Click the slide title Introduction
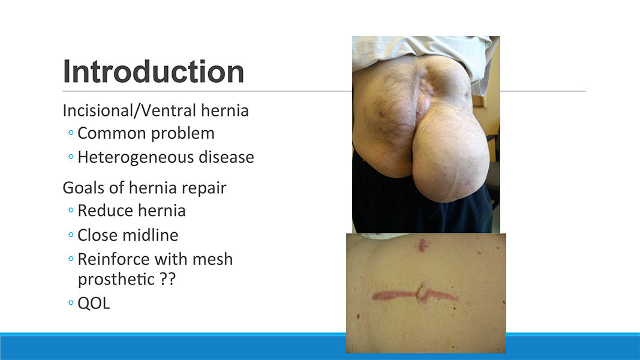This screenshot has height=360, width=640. (154, 71)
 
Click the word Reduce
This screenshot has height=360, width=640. (104, 211)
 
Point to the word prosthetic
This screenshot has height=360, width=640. (116, 280)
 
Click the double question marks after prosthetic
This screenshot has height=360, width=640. (167, 279)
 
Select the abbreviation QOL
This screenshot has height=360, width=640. (94, 303)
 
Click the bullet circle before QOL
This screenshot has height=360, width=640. (71, 303)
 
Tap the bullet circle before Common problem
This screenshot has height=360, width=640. (71, 133)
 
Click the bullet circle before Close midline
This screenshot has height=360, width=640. (71, 235)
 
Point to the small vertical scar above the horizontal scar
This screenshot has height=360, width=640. (422, 245)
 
